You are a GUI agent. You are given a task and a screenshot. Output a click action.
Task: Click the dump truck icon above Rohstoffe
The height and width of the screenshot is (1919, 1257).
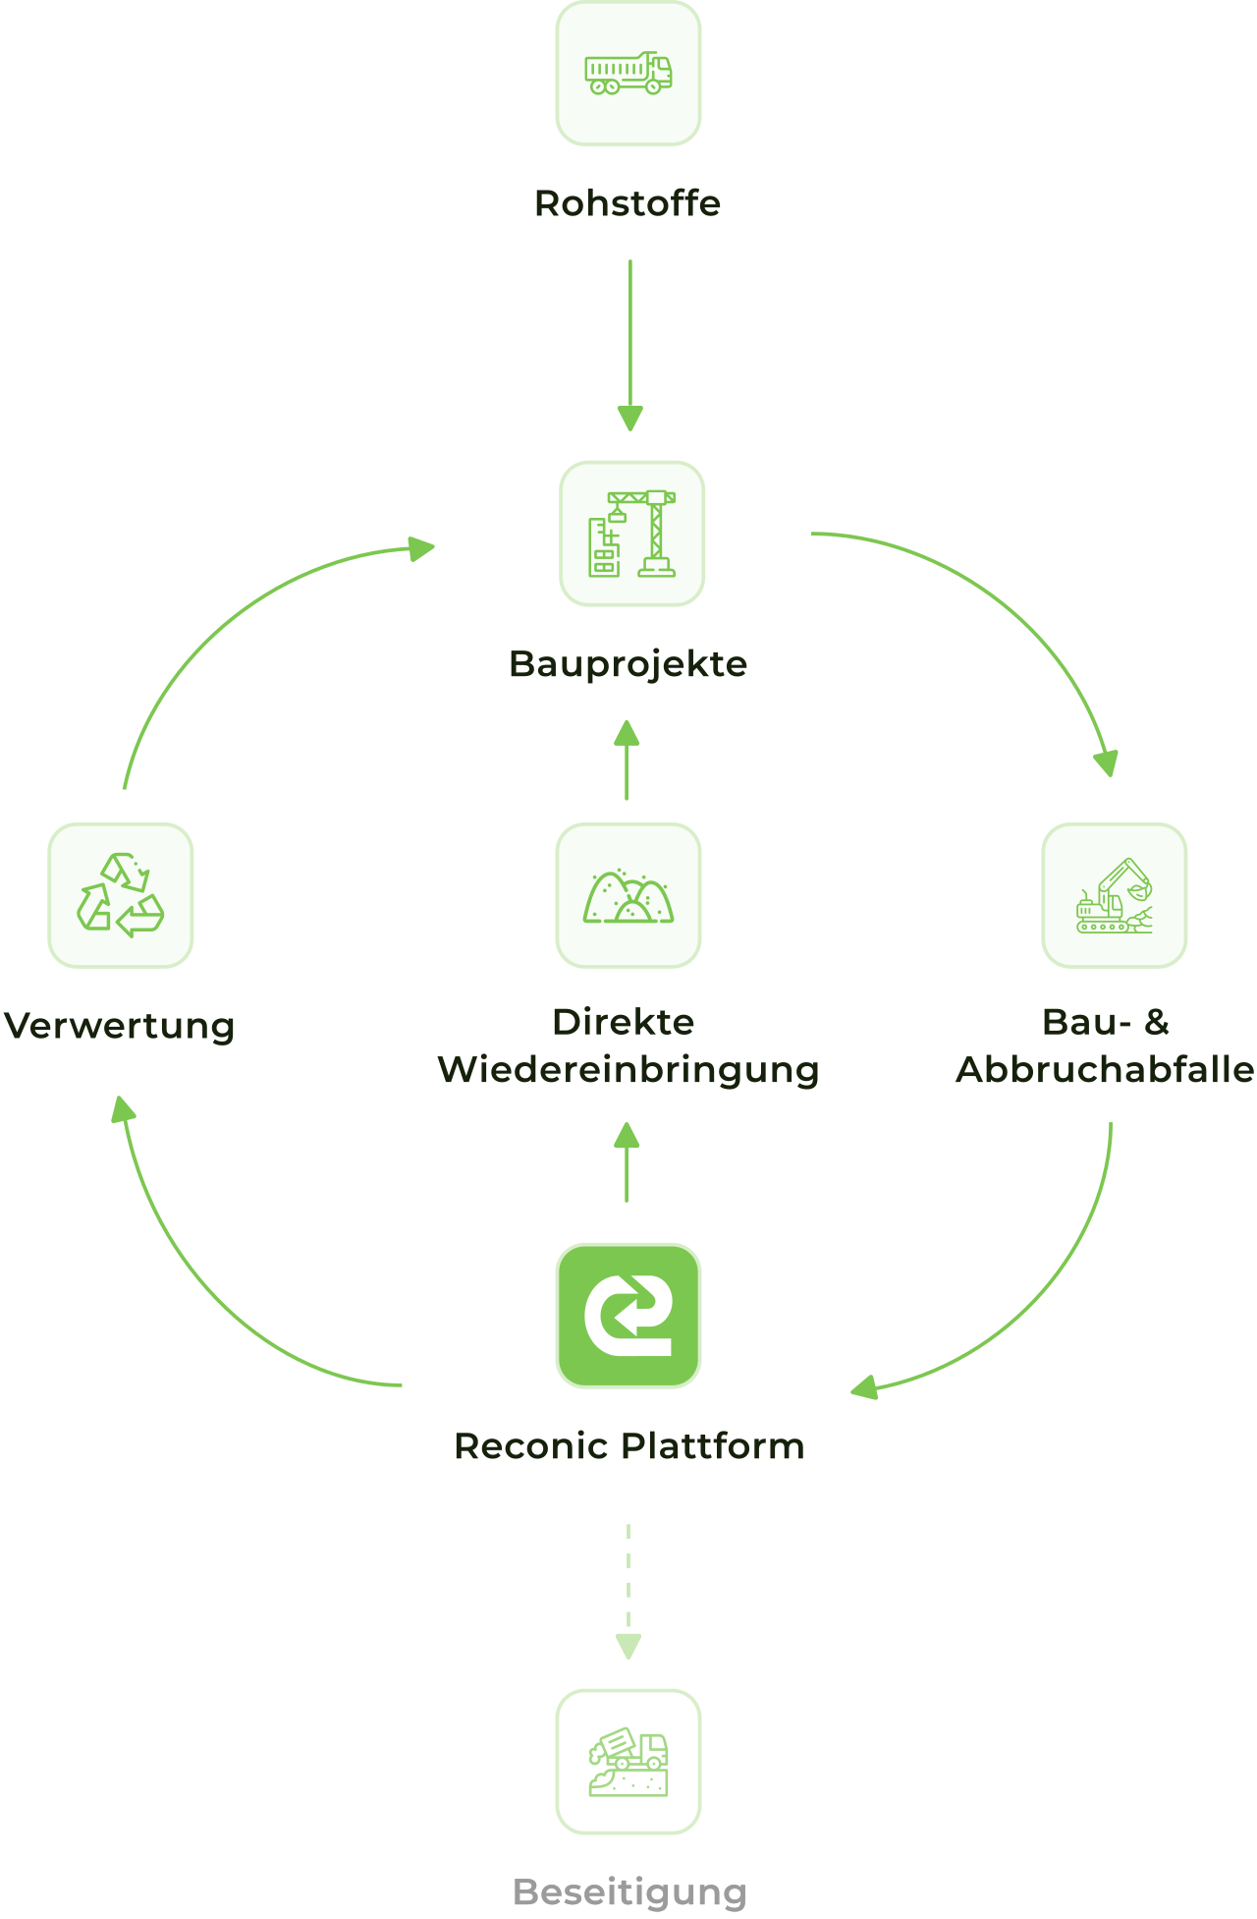(628, 74)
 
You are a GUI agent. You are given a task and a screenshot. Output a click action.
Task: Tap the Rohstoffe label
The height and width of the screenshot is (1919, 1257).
(628, 203)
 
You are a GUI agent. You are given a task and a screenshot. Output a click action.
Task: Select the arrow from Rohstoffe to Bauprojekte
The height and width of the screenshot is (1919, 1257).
(629, 344)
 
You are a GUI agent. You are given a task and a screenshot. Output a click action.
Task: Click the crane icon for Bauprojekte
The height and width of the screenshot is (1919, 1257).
(632, 534)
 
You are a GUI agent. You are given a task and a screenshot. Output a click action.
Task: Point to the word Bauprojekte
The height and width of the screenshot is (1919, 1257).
(628, 664)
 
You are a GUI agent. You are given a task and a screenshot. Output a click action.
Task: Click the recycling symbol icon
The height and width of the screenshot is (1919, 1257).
(121, 895)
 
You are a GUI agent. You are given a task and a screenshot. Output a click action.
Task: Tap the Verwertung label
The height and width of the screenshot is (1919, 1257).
(119, 1026)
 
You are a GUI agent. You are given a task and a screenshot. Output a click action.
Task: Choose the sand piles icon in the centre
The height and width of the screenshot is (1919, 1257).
(628, 895)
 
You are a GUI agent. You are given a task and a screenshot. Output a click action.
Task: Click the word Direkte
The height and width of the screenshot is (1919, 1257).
(624, 1022)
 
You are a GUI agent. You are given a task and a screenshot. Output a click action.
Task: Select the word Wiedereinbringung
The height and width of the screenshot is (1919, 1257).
(628, 1069)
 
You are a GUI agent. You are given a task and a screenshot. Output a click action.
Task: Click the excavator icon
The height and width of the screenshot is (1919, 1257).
(1115, 895)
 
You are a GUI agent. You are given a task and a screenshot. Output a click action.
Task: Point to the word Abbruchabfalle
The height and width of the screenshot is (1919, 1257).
(1105, 1069)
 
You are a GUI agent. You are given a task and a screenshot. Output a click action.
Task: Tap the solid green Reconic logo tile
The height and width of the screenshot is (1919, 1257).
(628, 1316)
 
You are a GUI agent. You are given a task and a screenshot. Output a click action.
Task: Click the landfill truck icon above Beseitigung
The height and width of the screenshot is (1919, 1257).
(628, 1762)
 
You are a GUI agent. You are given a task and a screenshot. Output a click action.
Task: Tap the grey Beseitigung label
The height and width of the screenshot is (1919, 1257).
(629, 1891)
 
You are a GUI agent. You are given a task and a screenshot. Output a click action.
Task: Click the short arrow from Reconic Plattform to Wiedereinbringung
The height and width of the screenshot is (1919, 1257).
(627, 1164)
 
